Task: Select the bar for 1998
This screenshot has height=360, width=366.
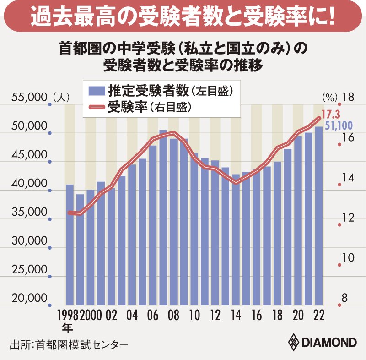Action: (x=70, y=245)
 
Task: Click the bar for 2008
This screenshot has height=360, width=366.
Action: (x=173, y=222)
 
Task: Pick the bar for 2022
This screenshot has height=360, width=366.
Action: (x=318, y=215)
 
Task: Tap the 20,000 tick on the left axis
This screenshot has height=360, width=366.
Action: (x=29, y=299)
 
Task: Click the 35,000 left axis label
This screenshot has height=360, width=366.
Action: (x=29, y=213)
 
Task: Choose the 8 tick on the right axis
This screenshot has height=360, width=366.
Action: (x=345, y=299)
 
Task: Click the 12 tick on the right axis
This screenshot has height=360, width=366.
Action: (x=348, y=218)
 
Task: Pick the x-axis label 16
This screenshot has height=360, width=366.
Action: (x=257, y=317)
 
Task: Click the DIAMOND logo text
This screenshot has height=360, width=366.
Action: (x=328, y=343)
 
